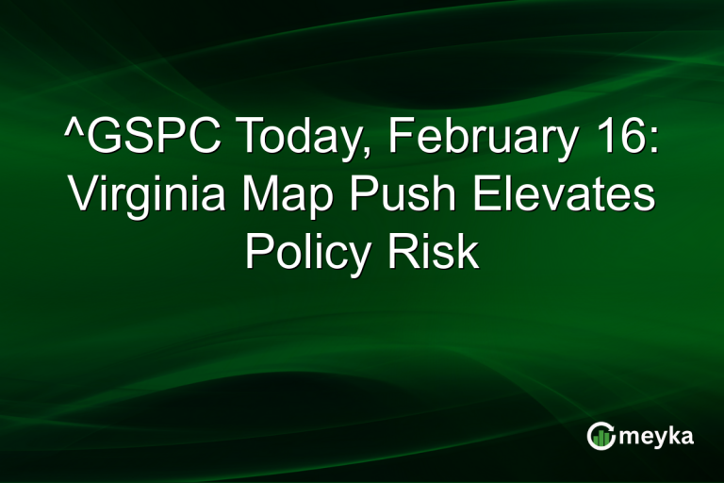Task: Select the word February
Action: (x=476, y=141)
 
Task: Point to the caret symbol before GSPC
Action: (x=73, y=132)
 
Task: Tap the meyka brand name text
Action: (x=658, y=436)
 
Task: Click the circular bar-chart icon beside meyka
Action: (x=601, y=435)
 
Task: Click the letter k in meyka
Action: (x=675, y=435)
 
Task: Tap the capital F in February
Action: (x=401, y=141)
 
